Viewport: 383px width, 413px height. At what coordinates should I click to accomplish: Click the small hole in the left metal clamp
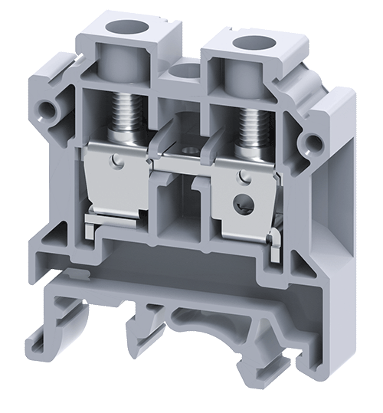pos(116,162)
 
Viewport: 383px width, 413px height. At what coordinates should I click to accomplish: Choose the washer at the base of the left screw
pos(124,139)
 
